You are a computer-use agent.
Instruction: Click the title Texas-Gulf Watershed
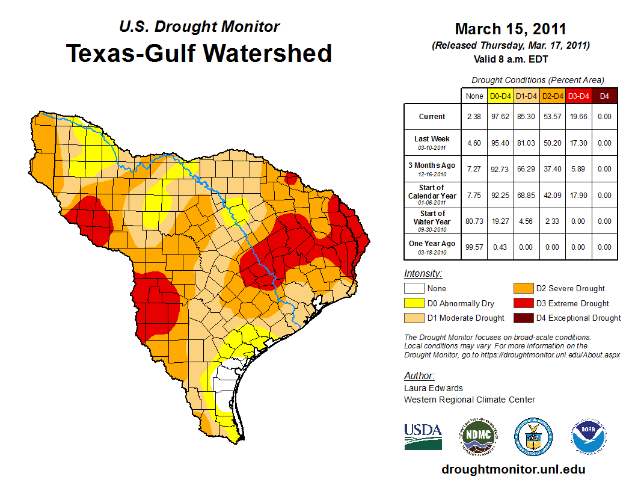tap(198, 53)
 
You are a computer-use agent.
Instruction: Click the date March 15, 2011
tap(511, 29)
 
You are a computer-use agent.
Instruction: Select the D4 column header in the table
tap(604, 96)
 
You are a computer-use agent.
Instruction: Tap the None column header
tap(474, 96)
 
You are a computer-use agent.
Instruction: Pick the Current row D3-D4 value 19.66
tap(578, 117)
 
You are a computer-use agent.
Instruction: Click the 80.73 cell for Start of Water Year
tap(474, 221)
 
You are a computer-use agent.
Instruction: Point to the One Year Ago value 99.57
tap(474, 247)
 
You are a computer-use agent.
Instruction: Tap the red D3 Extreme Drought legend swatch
tap(522, 303)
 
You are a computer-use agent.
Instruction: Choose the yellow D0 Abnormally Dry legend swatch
tap(414, 303)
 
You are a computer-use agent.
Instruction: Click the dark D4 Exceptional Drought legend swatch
tap(522, 318)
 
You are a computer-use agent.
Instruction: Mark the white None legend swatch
tap(414, 288)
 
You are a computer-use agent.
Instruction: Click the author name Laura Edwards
tap(434, 388)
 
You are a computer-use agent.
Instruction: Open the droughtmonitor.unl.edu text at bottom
tap(513, 469)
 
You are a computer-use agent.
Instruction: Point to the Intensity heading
tap(423, 273)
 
